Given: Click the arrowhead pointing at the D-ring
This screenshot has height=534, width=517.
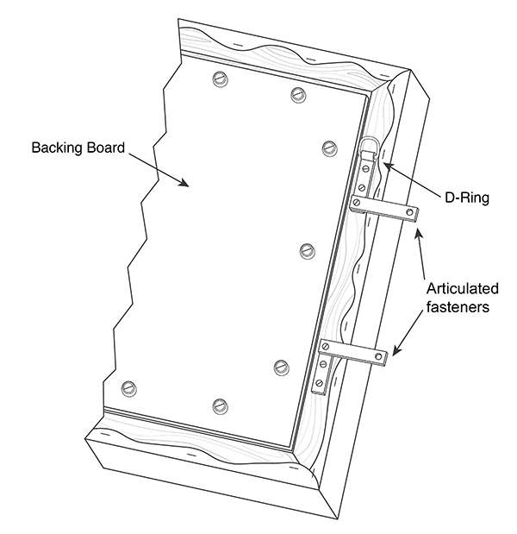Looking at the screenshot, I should (384, 164).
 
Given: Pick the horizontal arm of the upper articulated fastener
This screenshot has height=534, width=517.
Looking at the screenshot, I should (388, 209).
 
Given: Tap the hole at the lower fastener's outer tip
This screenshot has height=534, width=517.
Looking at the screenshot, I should (376, 354).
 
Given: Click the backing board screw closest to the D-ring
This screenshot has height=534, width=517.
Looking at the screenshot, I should (327, 146).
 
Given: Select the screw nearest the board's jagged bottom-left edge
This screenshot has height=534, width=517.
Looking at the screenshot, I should (129, 386).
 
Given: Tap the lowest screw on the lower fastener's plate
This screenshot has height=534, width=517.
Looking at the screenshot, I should (319, 381).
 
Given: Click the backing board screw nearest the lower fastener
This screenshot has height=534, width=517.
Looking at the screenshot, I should (280, 367).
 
